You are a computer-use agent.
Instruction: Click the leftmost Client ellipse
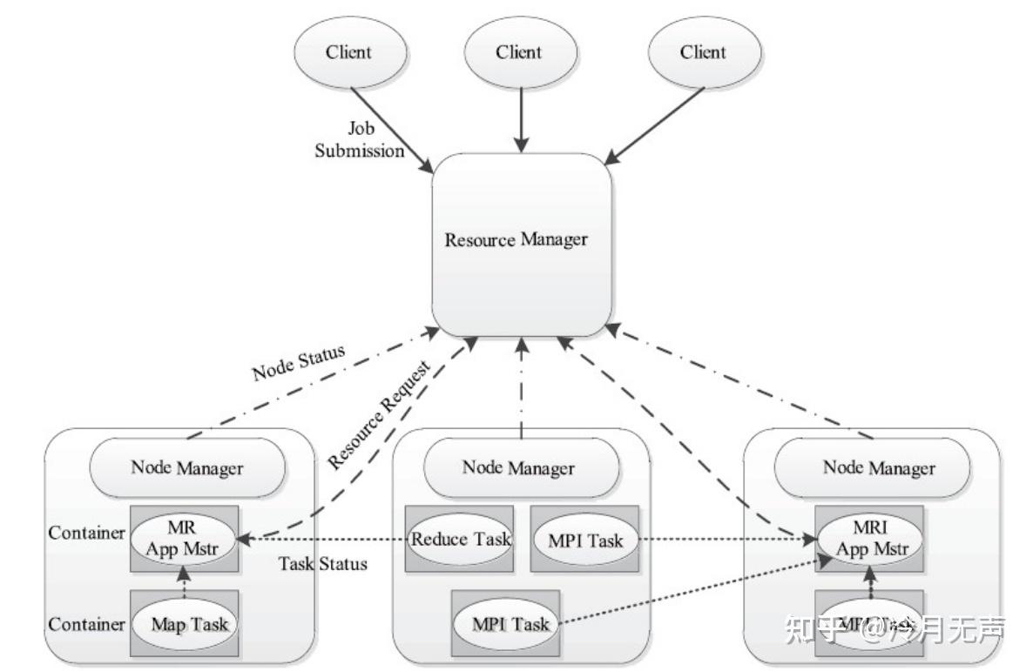click(348, 52)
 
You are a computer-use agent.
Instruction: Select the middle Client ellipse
click(518, 52)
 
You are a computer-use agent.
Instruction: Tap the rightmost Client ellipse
click(702, 52)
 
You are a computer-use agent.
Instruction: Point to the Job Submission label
click(359, 140)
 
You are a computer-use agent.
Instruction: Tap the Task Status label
click(322, 563)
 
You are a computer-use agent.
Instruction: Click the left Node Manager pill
click(187, 467)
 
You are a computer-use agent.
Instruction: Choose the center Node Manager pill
click(518, 467)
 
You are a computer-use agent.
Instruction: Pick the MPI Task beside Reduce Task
click(584, 540)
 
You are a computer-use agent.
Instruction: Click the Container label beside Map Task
click(86, 624)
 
